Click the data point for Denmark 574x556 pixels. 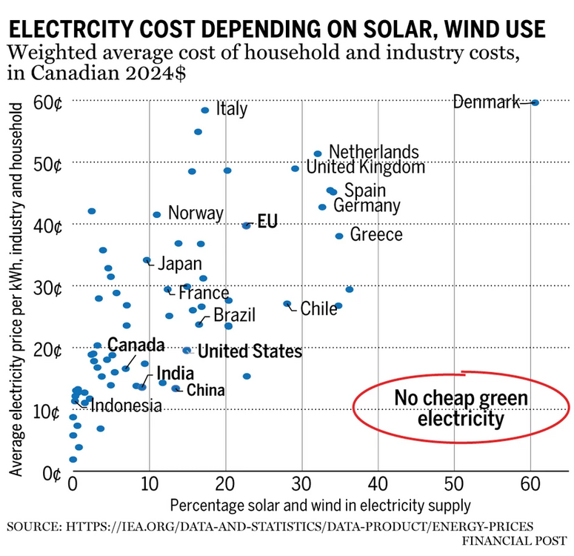(535, 102)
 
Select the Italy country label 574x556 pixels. (231, 110)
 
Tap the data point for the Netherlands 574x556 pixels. (318, 153)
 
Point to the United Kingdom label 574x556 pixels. (366, 168)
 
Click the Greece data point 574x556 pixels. (339, 236)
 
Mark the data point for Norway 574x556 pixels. (156, 214)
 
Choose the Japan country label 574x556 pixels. (179, 264)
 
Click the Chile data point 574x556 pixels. (287, 303)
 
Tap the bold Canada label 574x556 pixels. (136, 345)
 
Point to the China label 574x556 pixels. (205, 389)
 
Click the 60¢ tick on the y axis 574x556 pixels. (47, 102)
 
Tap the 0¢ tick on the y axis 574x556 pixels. (52, 472)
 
